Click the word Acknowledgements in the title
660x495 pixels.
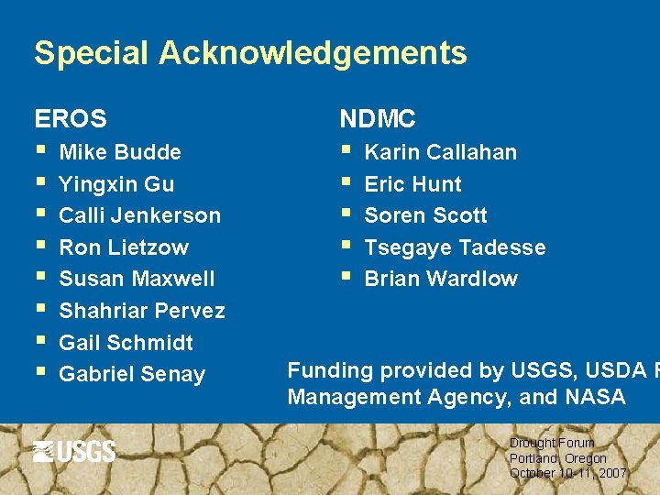coord(313,53)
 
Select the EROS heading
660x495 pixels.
coord(71,118)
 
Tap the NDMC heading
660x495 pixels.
coord(378,118)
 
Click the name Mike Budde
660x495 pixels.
coord(120,152)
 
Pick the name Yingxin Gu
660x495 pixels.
coord(116,184)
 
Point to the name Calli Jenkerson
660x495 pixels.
coord(139,215)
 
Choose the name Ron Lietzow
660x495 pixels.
coord(124,247)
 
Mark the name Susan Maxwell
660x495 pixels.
coord(137,279)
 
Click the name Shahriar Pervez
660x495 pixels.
coord(142,311)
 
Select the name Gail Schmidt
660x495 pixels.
coord(126,343)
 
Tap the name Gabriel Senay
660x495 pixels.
coord(132,374)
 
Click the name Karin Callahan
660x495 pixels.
coord(441,152)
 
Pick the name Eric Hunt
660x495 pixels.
coord(413,184)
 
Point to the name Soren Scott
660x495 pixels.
coord(426,215)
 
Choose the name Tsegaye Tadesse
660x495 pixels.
coord(455,247)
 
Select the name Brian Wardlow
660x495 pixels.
coord(441,279)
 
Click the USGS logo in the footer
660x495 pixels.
coord(74,451)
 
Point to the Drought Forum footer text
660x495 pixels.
coord(552,443)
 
